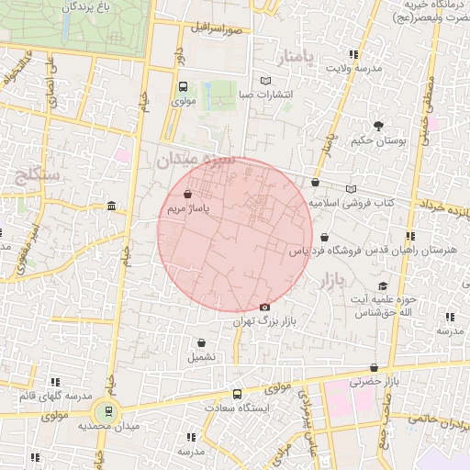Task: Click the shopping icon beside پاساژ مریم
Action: [x=188, y=195]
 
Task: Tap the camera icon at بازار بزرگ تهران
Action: [x=265, y=307]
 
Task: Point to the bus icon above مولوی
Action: [x=183, y=87]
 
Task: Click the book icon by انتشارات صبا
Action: [x=266, y=81]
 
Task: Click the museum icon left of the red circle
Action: [x=111, y=205]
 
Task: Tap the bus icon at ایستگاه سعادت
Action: [x=238, y=395]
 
